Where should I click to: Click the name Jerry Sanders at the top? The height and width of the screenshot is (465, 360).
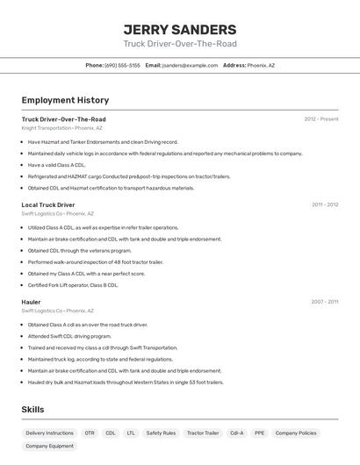[180, 29]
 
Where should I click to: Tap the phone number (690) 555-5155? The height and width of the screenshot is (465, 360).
[122, 65]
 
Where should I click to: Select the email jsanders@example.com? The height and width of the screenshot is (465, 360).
[190, 65]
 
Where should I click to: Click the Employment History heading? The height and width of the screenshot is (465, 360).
[65, 100]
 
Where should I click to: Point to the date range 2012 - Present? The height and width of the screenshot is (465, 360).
[321, 119]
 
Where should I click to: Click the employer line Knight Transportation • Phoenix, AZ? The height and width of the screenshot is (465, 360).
[61, 128]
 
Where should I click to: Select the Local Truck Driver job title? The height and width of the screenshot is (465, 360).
[48, 204]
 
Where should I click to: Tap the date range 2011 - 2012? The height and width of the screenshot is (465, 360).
[325, 204]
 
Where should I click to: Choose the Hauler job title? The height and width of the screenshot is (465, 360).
[32, 302]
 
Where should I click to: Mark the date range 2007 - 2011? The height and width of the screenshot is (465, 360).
[325, 302]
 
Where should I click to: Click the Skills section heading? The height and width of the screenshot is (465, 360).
[32, 410]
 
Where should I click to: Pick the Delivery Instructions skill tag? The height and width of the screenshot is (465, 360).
[49, 433]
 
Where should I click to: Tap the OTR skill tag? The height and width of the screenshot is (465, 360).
[90, 433]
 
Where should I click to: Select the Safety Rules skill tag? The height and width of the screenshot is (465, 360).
[161, 433]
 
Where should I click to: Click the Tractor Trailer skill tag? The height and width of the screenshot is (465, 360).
[203, 433]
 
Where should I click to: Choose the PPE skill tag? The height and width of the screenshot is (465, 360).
[259, 433]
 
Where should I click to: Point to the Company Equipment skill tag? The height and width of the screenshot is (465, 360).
[49, 446]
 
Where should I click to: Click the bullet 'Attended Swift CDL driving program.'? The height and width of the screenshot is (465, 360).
[69, 336]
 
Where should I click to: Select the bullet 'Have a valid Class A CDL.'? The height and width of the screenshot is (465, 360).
[56, 165]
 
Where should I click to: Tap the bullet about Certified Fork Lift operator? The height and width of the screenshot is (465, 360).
[73, 285]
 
